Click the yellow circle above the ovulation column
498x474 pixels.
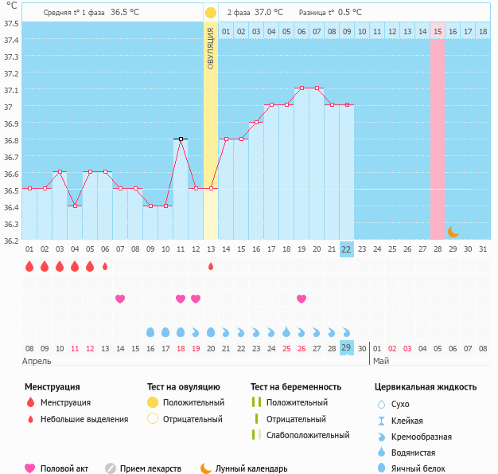click(210, 13)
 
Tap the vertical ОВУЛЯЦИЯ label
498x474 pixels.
click(210, 49)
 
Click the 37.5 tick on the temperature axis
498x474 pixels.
click(11, 23)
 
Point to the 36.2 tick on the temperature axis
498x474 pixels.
click(11, 240)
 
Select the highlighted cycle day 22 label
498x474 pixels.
click(346, 249)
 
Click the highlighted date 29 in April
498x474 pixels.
click(346, 347)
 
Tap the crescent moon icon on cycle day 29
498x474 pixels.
click(453, 232)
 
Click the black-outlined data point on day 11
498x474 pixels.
click(181, 139)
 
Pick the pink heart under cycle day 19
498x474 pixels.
click(302, 299)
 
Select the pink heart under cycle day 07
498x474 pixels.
click(120, 299)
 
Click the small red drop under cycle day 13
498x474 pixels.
click(211, 266)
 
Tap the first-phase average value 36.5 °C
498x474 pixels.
click(124, 13)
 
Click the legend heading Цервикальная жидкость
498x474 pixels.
click(426, 387)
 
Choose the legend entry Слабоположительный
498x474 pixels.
click(308, 435)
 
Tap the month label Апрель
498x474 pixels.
click(38, 360)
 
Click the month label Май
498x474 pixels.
click(382, 360)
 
